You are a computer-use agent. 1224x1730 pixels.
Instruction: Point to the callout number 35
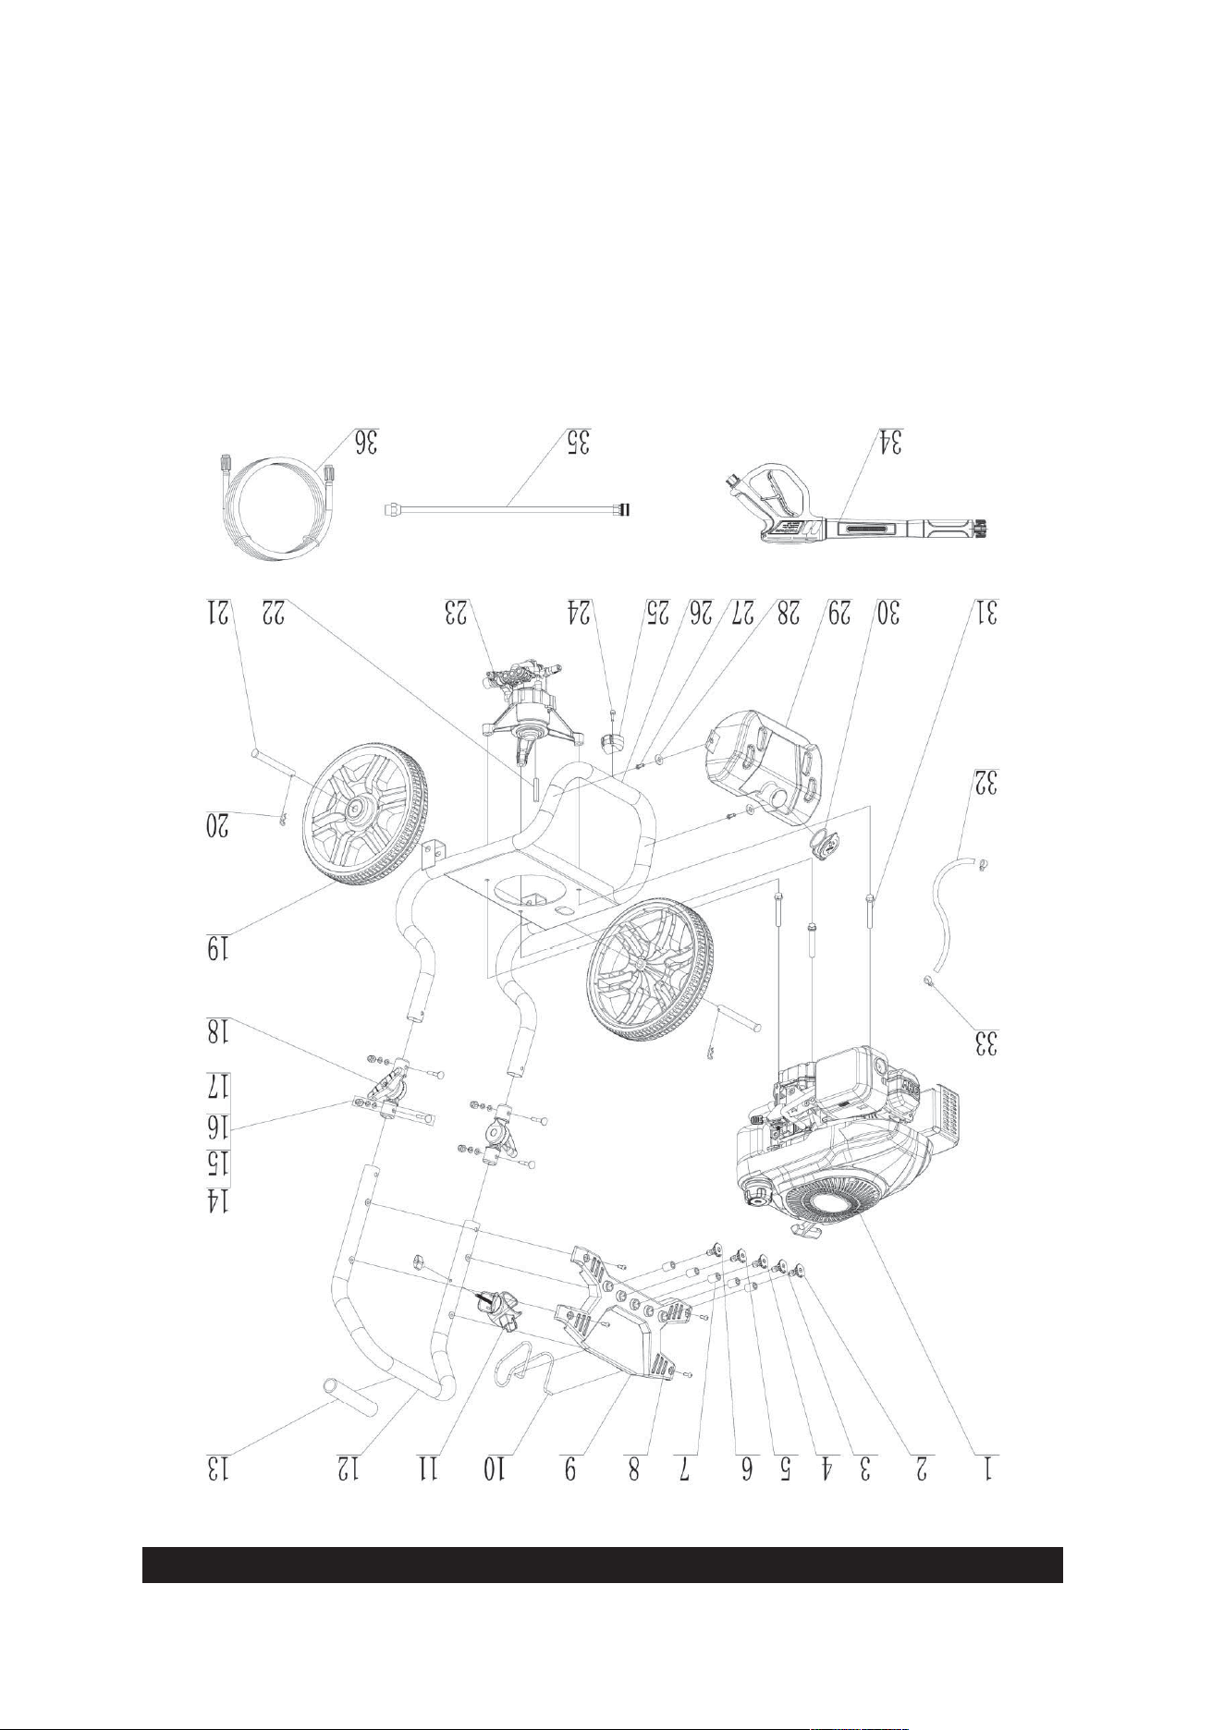tap(577, 441)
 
